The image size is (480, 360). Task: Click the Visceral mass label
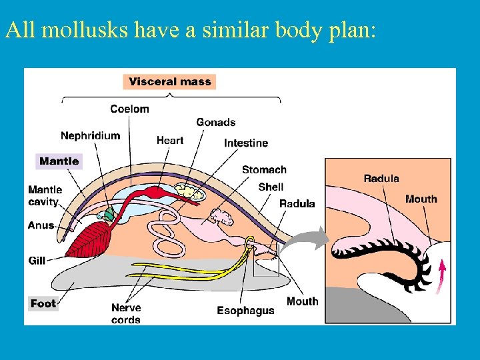169,82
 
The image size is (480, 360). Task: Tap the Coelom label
129,109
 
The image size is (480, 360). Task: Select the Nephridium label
90,135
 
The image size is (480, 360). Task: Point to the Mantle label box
59,161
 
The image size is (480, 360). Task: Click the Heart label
169,140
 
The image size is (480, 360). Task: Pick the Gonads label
215,122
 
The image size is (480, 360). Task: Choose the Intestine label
245,143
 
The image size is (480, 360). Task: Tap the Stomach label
264,169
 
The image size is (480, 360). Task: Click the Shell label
271,187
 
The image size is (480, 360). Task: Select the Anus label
41,225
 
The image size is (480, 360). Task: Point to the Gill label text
37,260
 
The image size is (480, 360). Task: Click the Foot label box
43,304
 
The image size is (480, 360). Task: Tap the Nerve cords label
126,313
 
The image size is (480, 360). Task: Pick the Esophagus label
245,311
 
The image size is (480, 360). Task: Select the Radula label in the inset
381,178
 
